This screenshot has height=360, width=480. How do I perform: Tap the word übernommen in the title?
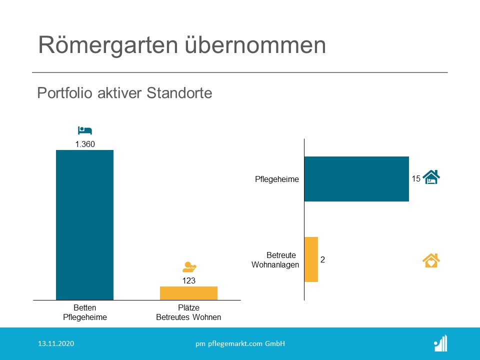coord(255,44)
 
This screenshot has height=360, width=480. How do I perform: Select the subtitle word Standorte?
coord(179,93)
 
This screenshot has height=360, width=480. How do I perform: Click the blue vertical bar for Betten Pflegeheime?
coord(85,225)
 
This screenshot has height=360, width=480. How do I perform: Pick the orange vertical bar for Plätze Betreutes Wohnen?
coord(188,293)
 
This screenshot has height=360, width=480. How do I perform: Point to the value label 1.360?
coord(85,144)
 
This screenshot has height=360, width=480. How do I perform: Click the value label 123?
coord(189,280)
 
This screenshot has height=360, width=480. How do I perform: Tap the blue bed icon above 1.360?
coord(85,130)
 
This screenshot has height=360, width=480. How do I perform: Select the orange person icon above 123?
coord(189,267)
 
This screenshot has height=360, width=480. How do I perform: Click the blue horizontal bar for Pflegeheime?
coord(356,179)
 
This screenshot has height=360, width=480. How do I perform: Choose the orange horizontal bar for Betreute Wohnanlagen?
coord(311,259)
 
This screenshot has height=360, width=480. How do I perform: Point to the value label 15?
coord(416,179)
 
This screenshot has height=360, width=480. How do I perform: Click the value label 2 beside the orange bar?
coord(322,259)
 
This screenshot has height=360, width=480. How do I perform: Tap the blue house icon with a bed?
coord(431,177)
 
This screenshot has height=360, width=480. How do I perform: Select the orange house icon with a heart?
coord(431,260)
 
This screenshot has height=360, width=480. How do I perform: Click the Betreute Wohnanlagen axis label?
coord(275,260)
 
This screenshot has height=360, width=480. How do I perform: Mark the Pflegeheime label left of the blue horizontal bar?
coord(276,179)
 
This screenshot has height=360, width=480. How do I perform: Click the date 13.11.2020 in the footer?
coord(56,343)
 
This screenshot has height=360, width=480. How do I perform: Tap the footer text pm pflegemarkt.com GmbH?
coord(240,344)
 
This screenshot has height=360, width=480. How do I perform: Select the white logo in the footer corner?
coord(441,343)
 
